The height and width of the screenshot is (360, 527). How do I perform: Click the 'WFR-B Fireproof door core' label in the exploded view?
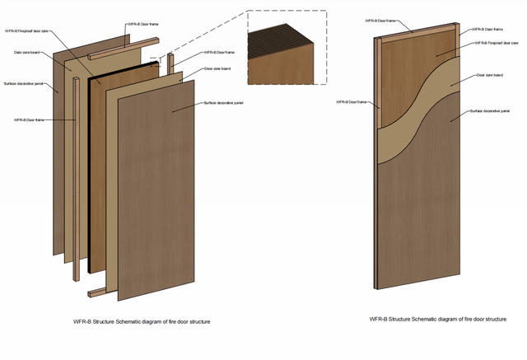click(x=31, y=32)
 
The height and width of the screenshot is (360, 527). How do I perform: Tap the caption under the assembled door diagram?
click(x=434, y=318)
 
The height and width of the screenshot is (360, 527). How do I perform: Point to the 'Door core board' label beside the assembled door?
click(x=491, y=75)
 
